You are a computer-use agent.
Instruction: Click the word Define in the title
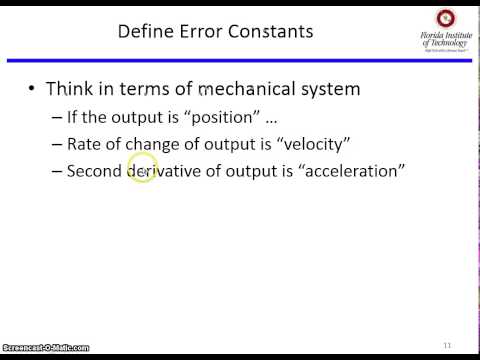click(x=144, y=31)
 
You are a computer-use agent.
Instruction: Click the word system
click(x=330, y=89)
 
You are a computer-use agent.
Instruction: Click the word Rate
click(x=84, y=143)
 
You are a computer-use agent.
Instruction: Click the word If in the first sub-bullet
click(x=72, y=116)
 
